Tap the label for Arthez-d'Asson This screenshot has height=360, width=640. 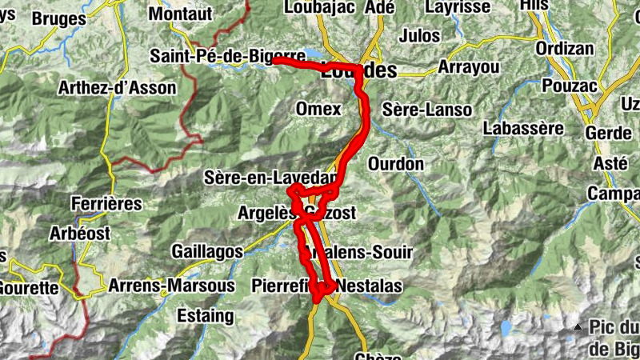tap(117, 88)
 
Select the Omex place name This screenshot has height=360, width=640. tap(318, 109)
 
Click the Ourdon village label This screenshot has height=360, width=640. tap(396, 164)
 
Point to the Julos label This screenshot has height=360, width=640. tap(419, 36)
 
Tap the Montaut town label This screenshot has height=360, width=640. tap(181, 14)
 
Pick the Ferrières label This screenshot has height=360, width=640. tap(106, 204)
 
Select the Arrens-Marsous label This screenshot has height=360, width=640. tap(171, 286)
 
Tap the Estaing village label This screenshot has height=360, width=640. tap(206, 316)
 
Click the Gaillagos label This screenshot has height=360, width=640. tap(206, 251)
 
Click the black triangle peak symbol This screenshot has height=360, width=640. tap(578, 327)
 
